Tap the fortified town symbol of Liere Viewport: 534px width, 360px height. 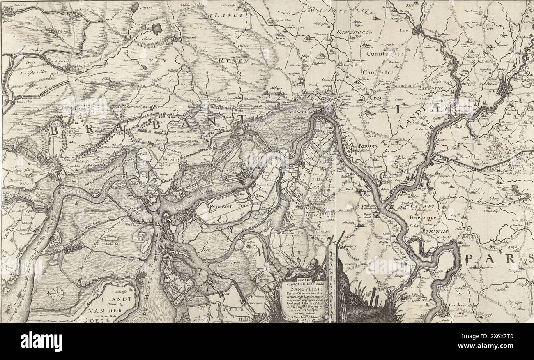418,30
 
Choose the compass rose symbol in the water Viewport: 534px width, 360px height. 57,293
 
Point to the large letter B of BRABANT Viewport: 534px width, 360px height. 55,132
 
